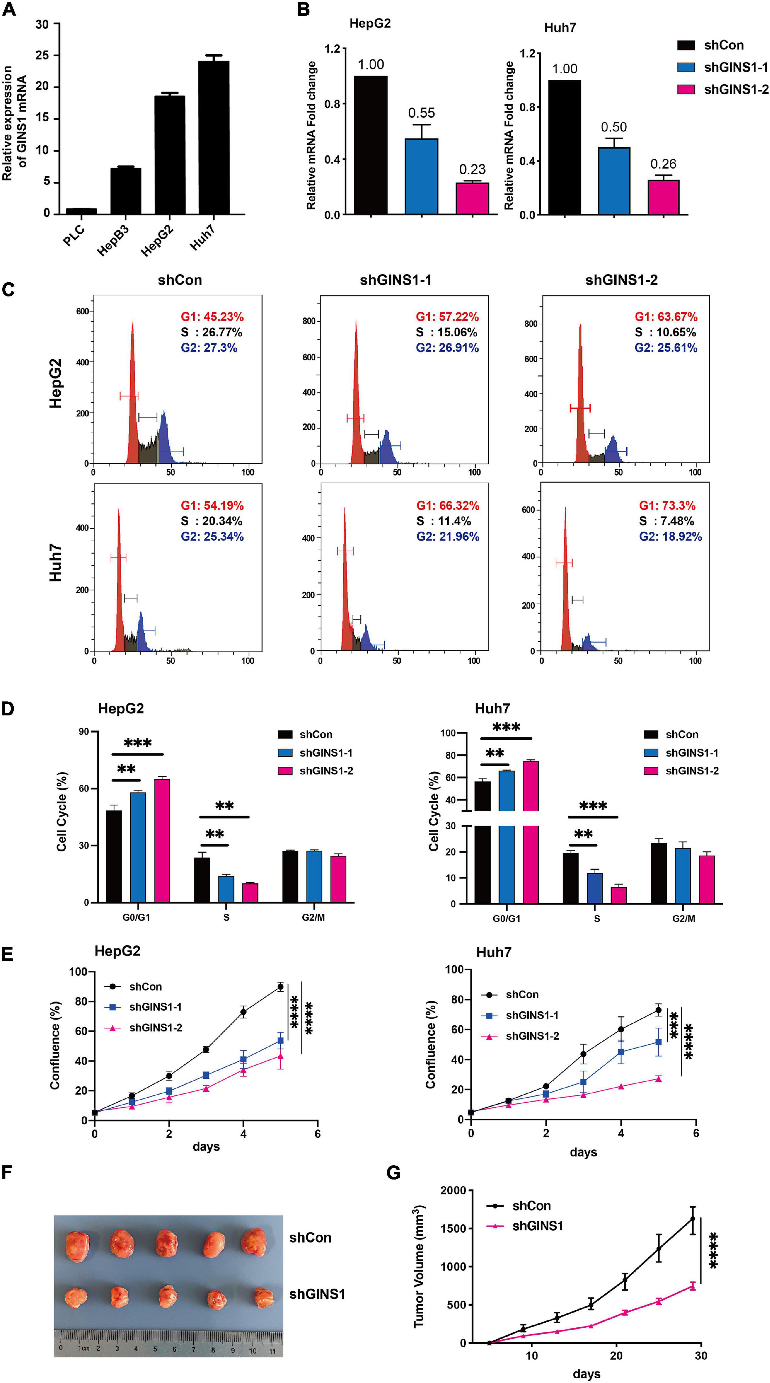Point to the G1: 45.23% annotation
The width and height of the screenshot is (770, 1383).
pos(212,317)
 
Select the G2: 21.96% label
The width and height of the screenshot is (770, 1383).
pos(448,536)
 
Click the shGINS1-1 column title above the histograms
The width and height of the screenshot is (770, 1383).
pos(395,280)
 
